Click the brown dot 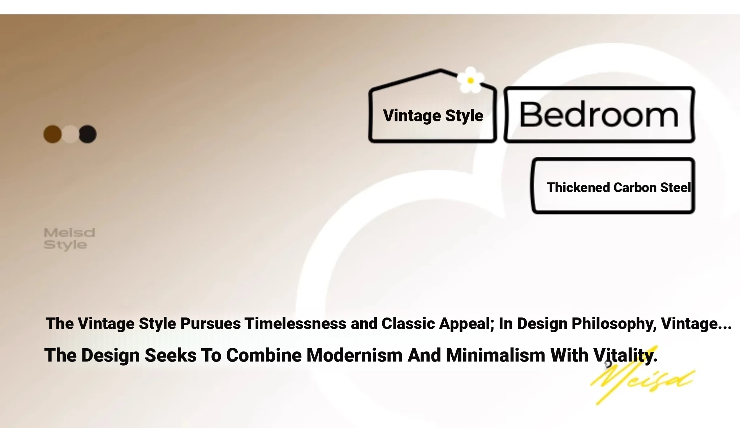(x=52, y=134)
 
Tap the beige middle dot (x=70, y=134)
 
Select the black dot (x=88, y=134)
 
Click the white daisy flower (x=470, y=80)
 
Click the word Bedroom (x=599, y=115)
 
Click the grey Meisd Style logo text (x=69, y=239)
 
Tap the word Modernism (x=354, y=355)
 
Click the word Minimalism (x=496, y=355)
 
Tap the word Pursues (x=210, y=323)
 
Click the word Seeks (x=171, y=355)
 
